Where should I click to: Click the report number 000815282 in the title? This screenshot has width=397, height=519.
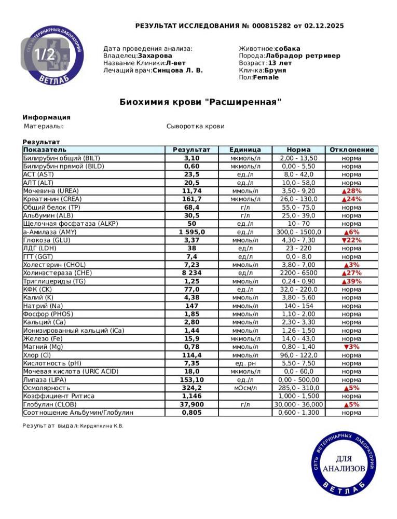272,26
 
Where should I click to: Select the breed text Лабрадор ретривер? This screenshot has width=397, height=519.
303,56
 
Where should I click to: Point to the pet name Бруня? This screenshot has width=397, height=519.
275,70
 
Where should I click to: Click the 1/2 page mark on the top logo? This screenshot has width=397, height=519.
44,53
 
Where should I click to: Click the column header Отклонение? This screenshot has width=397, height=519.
351,149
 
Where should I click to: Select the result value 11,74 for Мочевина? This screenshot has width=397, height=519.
191,191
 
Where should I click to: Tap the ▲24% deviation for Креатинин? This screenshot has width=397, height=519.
351,199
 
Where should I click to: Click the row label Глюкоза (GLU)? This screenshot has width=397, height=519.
47,240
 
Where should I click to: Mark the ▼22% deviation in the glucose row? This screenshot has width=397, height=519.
351,240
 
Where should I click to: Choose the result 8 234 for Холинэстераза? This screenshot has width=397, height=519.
191,273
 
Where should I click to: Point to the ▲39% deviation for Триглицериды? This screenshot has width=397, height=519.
351,281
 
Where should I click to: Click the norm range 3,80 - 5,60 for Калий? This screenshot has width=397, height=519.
298,298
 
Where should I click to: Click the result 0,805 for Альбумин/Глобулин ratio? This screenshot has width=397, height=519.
191,413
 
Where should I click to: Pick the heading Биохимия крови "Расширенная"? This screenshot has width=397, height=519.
200,102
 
